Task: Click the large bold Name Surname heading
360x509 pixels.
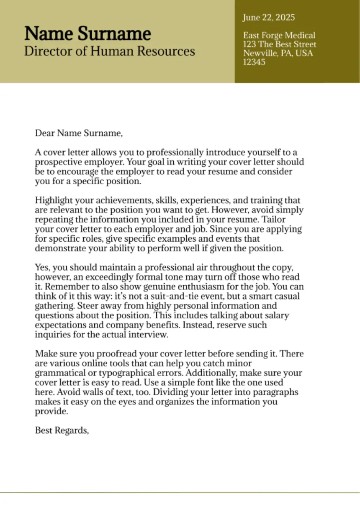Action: click(x=87, y=33)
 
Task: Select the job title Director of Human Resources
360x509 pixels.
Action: click(x=109, y=52)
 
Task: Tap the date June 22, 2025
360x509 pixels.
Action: click(x=269, y=18)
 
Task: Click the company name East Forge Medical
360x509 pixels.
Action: click(x=279, y=36)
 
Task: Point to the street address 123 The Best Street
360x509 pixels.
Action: click(x=280, y=44)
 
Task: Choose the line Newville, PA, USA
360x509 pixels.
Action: click(x=278, y=53)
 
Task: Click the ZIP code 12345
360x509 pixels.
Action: click(x=254, y=62)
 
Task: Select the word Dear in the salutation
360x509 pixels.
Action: click(x=45, y=134)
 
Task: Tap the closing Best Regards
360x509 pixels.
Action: click(x=62, y=430)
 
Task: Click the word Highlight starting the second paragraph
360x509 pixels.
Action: click(x=52, y=201)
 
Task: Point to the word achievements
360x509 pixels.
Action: click(x=115, y=201)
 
